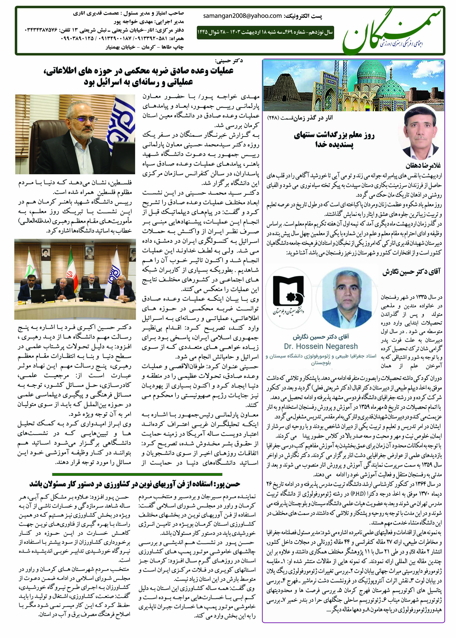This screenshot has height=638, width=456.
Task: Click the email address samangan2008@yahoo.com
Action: pos(242,16)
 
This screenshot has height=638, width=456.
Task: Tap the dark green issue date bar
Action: pos(265,32)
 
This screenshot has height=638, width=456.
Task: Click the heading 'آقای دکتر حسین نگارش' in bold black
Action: pos(411,272)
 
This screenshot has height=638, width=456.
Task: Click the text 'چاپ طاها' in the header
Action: pos(175,47)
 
